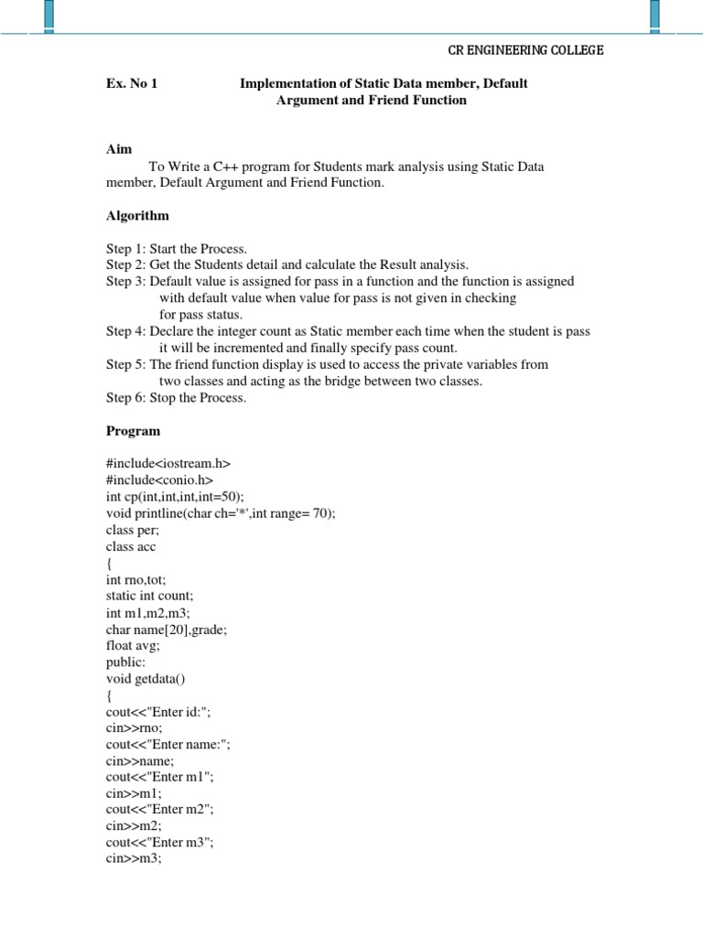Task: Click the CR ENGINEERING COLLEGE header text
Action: tap(525, 50)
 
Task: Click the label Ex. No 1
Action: tap(132, 84)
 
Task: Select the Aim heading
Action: tap(119, 149)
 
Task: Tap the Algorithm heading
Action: tap(137, 216)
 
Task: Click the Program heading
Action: tap(133, 430)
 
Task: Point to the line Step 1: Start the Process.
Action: tap(177, 249)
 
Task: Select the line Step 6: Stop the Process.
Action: tap(175, 397)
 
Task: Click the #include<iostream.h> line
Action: tap(168, 464)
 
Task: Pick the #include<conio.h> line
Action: tap(159, 480)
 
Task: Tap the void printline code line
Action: tap(221, 513)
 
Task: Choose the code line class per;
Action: tap(134, 530)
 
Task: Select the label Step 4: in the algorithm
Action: tap(126, 331)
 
